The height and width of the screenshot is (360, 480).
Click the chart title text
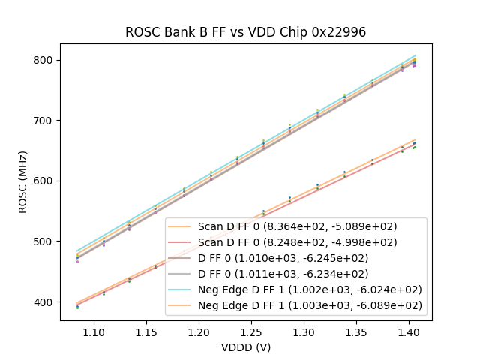click(x=245, y=32)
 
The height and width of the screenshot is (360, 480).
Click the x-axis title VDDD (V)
click(x=245, y=347)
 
